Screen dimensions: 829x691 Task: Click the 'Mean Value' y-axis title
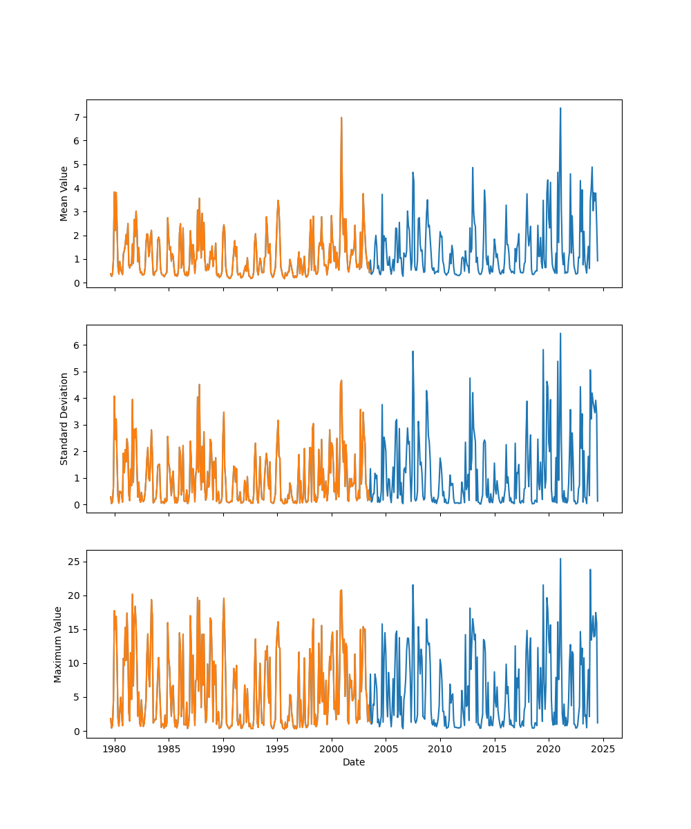pyautogui.click(x=64, y=193)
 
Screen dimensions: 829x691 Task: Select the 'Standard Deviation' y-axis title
pyautogui.click(x=64, y=419)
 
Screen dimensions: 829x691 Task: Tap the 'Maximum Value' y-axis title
pyautogui.click(x=58, y=644)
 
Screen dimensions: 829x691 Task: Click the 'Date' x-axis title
pyautogui.click(x=354, y=762)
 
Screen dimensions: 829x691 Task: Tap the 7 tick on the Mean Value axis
pyautogui.click(x=77, y=117)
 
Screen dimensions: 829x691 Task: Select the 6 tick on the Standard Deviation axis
pyautogui.click(x=77, y=345)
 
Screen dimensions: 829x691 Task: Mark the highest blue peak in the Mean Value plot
pyautogui.click(x=560, y=108)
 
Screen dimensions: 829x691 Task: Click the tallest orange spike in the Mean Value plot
pyautogui.click(x=341, y=118)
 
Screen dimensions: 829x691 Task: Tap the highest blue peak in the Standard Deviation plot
pyautogui.click(x=560, y=334)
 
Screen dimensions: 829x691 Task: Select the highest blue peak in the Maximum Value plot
pyautogui.click(x=560, y=559)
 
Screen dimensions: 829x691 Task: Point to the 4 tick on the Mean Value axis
pyautogui.click(x=77, y=188)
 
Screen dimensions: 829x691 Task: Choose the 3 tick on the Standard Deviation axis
pyautogui.click(x=77, y=425)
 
